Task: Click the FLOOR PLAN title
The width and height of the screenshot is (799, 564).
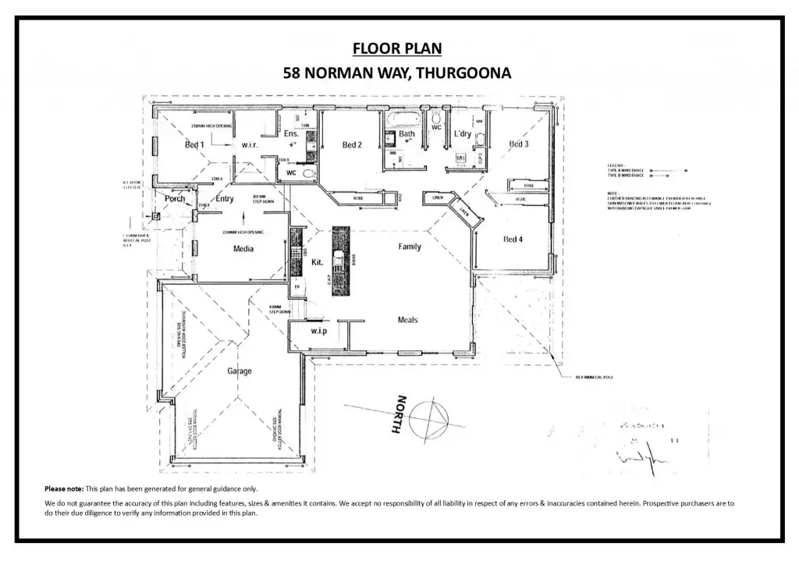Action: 397,49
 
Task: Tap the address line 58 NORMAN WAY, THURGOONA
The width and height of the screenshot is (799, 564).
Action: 397,74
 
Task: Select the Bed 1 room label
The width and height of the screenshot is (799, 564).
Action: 194,144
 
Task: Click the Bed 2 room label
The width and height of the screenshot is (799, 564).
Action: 352,144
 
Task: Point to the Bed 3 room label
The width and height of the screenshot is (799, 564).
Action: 519,144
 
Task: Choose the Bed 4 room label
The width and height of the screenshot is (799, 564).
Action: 513,239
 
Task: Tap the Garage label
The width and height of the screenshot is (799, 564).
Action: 240,371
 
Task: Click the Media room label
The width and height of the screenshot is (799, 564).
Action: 244,249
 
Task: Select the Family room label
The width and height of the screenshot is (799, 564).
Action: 410,247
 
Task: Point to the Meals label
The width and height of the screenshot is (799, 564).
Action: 407,320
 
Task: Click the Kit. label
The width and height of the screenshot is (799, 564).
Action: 318,263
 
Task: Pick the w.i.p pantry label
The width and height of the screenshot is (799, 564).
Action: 318,332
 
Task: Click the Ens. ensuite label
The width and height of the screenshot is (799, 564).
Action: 291,134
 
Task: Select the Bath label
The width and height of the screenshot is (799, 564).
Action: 407,134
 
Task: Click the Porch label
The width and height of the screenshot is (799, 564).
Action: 175,198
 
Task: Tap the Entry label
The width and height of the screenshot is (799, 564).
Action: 225,198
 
